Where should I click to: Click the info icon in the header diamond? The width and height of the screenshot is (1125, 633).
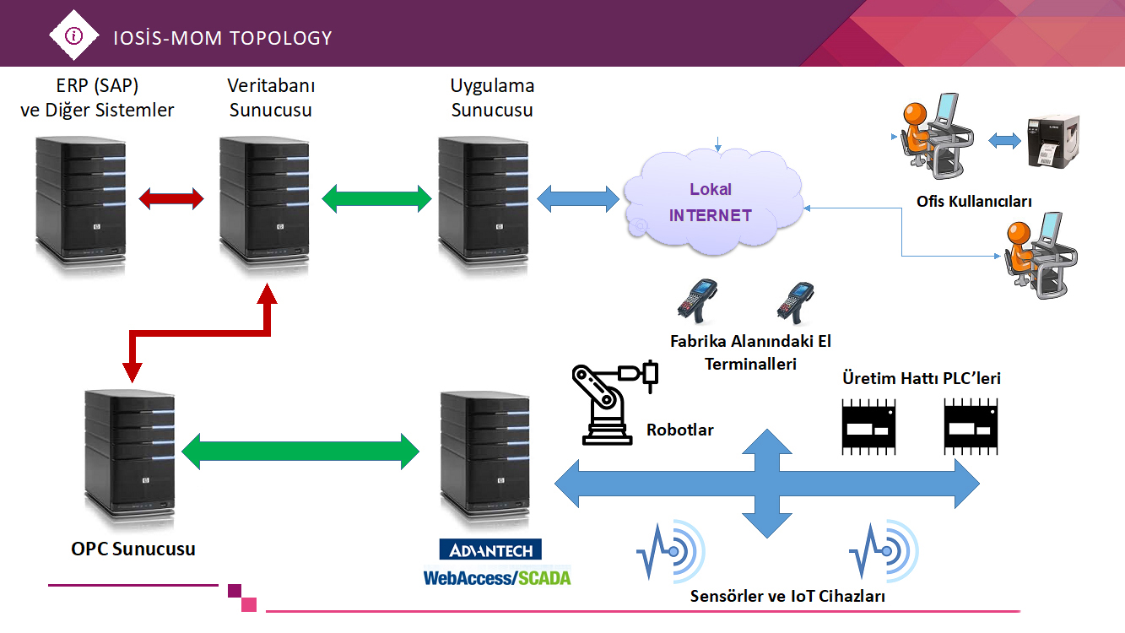tap(73, 35)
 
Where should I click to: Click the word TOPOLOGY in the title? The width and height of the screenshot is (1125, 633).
tap(281, 39)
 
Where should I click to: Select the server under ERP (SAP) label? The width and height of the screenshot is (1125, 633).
tap(80, 207)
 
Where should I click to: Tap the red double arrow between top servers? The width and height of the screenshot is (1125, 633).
tap(171, 199)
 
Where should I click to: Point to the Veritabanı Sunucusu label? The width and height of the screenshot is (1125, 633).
tap(271, 97)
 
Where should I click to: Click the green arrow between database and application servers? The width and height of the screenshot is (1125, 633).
tap(376, 198)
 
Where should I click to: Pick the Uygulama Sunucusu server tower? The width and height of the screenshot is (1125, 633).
tap(483, 207)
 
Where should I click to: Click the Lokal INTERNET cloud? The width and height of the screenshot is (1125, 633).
tap(712, 202)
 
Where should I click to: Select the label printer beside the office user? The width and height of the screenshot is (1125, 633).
tap(1053, 141)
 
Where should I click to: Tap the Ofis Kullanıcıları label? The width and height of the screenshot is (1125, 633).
tap(974, 202)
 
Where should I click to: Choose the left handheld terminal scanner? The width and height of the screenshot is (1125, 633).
tap(697, 301)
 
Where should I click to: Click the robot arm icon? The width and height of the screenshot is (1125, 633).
tap(614, 403)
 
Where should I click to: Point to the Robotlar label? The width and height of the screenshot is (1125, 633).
tap(679, 430)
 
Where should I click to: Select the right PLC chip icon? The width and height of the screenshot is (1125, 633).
tap(971, 426)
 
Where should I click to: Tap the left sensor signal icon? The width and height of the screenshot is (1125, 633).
tap(671, 552)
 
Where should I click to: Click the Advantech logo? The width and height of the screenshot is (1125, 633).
tap(490, 549)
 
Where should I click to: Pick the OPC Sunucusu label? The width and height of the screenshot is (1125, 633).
tap(133, 549)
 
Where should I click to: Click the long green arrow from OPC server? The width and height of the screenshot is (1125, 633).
tap(300, 452)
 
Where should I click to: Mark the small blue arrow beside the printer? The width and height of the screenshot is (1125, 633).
tap(1004, 140)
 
